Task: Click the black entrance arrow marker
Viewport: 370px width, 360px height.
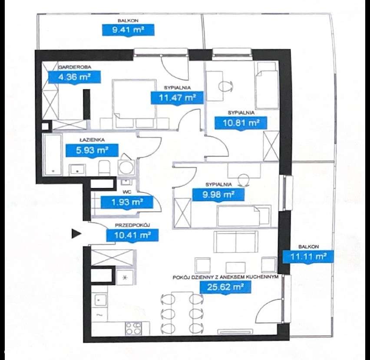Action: (x=76, y=233)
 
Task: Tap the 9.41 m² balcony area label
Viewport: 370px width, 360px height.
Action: (x=128, y=30)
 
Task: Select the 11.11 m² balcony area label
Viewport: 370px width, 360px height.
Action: (x=308, y=256)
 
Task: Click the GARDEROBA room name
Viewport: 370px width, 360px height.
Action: (x=75, y=67)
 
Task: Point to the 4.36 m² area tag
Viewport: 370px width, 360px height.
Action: (x=74, y=77)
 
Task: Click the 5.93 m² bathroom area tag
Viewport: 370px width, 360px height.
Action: (x=92, y=150)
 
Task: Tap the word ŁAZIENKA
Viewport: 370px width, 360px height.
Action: (x=92, y=140)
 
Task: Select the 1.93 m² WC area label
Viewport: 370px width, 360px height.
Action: (x=127, y=202)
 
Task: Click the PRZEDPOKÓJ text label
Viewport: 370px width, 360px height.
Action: (x=132, y=225)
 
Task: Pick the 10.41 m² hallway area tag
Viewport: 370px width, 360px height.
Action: (x=132, y=235)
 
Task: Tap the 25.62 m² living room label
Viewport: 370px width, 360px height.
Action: (x=225, y=287)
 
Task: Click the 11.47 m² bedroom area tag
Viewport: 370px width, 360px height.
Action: (x=177, y=98)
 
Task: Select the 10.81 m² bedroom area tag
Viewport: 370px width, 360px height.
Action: (x=241, y=123)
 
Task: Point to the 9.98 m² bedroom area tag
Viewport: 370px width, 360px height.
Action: (x=218, y=195)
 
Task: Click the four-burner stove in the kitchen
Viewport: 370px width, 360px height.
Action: (x=133, y=328)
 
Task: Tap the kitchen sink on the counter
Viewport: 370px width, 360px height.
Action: (x=99, y=300)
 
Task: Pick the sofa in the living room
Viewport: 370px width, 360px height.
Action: (x=235, y=242)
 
